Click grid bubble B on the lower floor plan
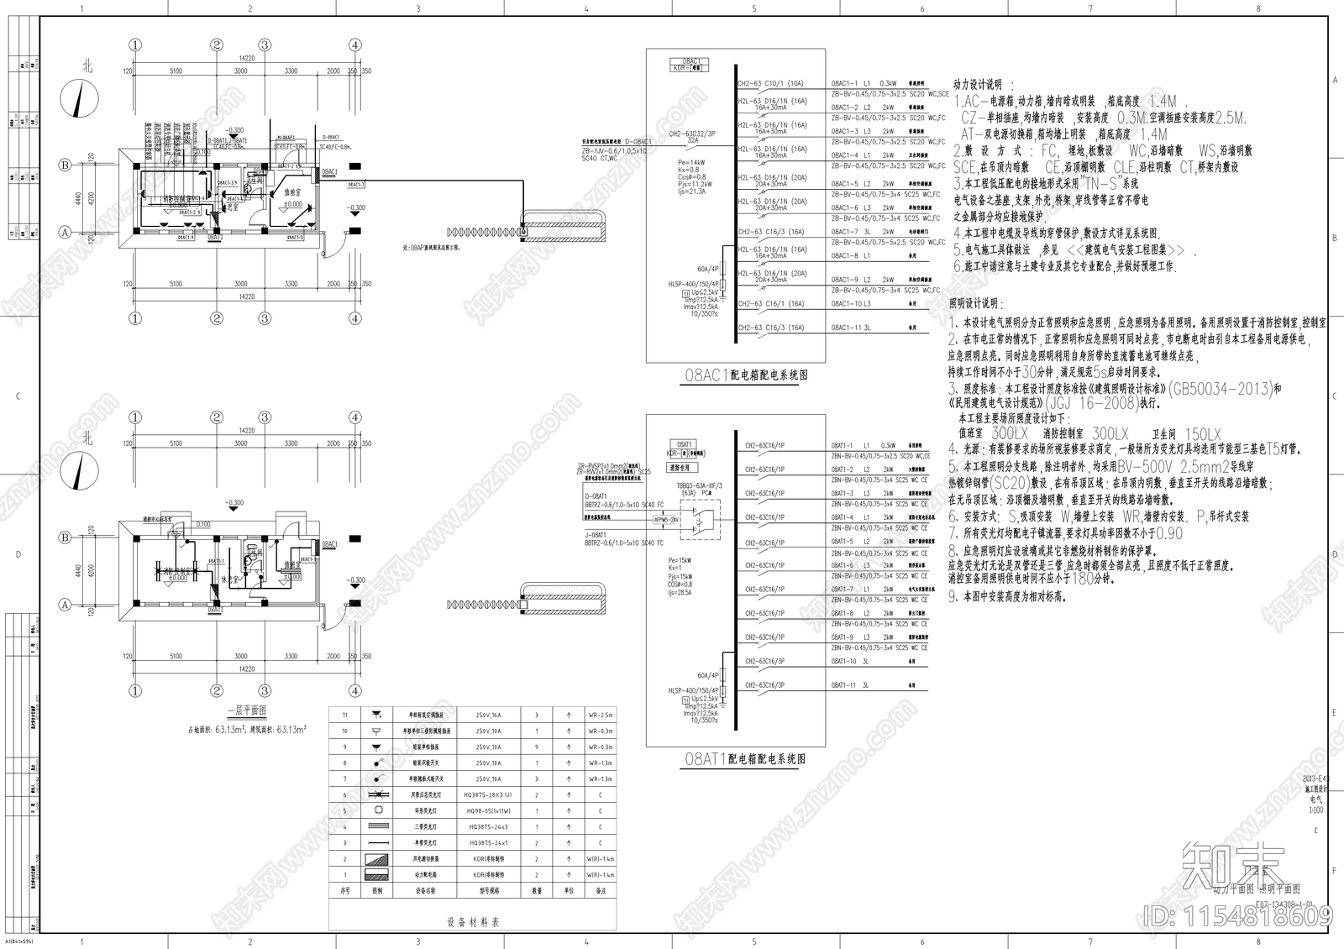65,537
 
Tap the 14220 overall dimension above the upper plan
245,58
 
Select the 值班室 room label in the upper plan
291,194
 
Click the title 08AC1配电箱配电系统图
746,375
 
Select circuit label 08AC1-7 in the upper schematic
845,232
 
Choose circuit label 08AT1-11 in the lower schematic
844,685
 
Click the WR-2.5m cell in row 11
601,715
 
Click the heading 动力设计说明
984,85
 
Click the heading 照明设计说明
974,303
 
